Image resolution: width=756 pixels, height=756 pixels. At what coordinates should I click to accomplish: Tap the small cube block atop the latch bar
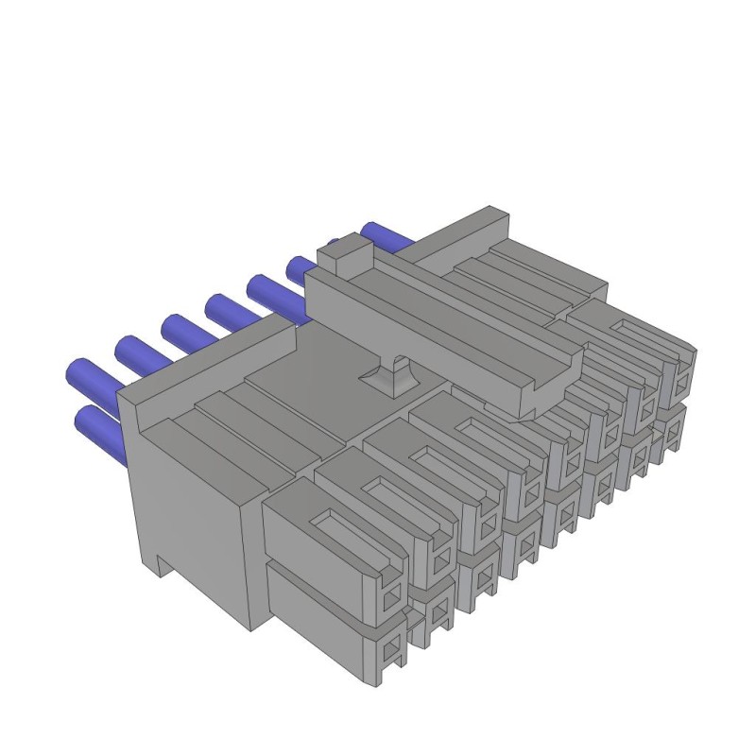(344, 252)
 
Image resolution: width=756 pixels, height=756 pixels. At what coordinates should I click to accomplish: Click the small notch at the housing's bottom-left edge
(163, 567)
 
